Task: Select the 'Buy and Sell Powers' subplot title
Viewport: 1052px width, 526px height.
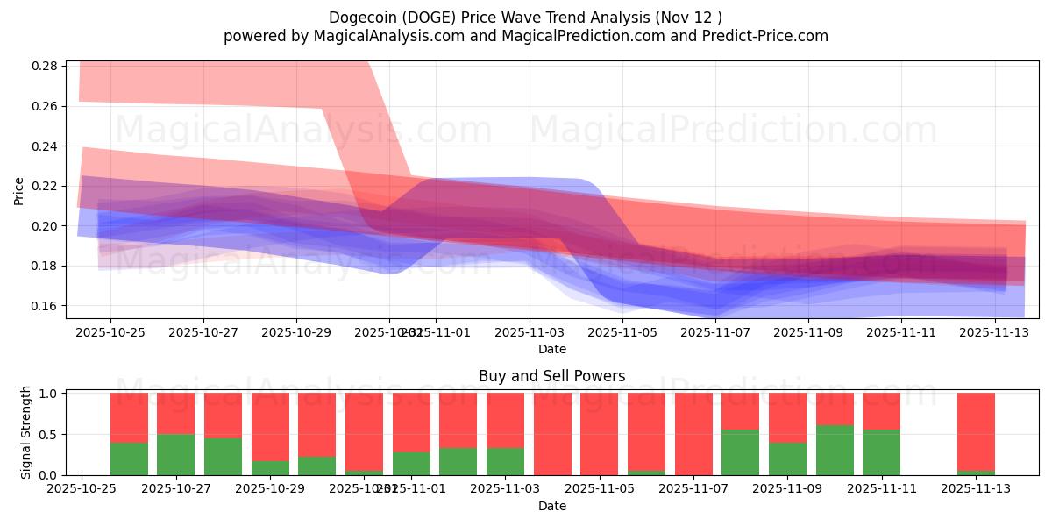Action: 551,376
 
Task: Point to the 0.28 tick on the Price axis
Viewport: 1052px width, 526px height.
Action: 46,67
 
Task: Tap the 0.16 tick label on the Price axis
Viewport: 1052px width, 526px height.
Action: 46,306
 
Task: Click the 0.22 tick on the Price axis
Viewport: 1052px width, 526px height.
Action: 46,186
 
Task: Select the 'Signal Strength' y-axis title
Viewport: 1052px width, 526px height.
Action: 26,433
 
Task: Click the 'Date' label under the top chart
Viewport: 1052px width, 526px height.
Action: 551,349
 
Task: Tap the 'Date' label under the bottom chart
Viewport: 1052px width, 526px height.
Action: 551,506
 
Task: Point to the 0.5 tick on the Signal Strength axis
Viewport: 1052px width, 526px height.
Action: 49,435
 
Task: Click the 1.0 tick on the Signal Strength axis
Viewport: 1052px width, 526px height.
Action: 49,394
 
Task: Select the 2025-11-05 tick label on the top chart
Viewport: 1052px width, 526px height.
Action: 622,333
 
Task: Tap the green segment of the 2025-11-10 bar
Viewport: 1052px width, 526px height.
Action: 835,450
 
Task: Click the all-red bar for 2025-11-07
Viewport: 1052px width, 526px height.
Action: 693,434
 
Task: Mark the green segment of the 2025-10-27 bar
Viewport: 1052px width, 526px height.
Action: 175,454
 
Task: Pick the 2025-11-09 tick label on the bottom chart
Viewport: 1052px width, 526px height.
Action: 787,489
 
